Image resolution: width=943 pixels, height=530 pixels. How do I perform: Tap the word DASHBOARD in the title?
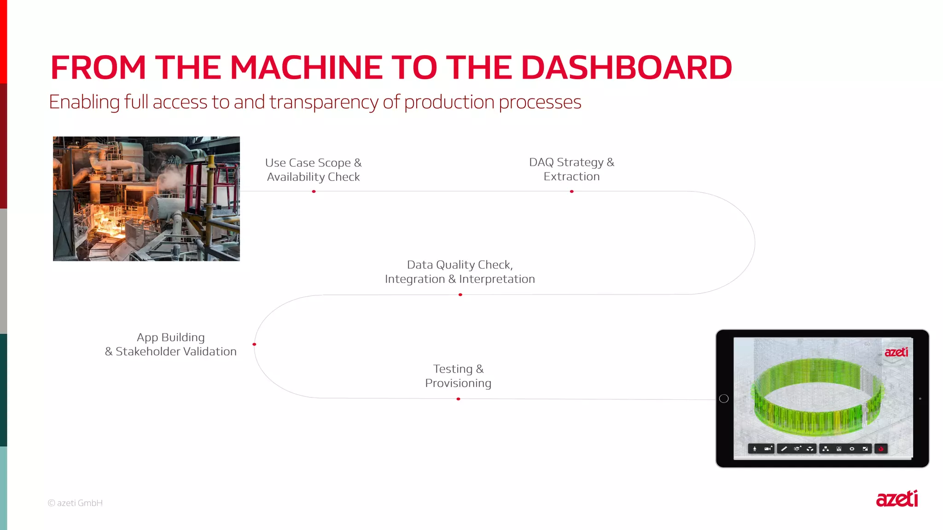626,68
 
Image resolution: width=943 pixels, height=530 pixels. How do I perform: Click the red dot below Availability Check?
314,191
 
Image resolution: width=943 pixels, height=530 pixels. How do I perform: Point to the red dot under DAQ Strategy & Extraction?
571,191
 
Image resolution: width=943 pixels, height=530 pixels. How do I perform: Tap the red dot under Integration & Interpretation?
460,295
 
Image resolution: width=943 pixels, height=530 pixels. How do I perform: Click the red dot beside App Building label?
254,344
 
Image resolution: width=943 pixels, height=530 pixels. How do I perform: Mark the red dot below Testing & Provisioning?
458,399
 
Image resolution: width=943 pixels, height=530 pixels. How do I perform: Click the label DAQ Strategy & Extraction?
571,169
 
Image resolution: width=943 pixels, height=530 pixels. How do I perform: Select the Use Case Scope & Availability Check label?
314,170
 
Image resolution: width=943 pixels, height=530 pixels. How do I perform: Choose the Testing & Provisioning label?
458,376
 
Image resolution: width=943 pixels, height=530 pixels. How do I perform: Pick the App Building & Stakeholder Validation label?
171,344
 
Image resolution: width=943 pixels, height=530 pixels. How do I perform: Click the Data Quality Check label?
460,265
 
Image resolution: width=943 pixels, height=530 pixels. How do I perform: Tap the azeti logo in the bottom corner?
896,499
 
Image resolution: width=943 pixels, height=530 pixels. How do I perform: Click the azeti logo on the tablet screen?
896,352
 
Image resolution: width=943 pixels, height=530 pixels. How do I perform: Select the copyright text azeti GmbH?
76,503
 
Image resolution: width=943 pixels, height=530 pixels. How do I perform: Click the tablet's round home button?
724,398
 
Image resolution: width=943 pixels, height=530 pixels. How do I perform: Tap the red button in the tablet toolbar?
881,449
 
